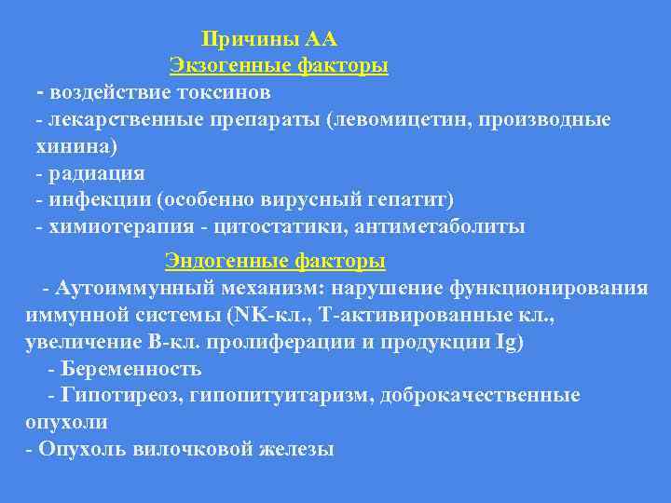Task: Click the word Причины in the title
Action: point(248,40)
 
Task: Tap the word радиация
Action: point(97,173)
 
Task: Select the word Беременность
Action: point(130,369)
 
